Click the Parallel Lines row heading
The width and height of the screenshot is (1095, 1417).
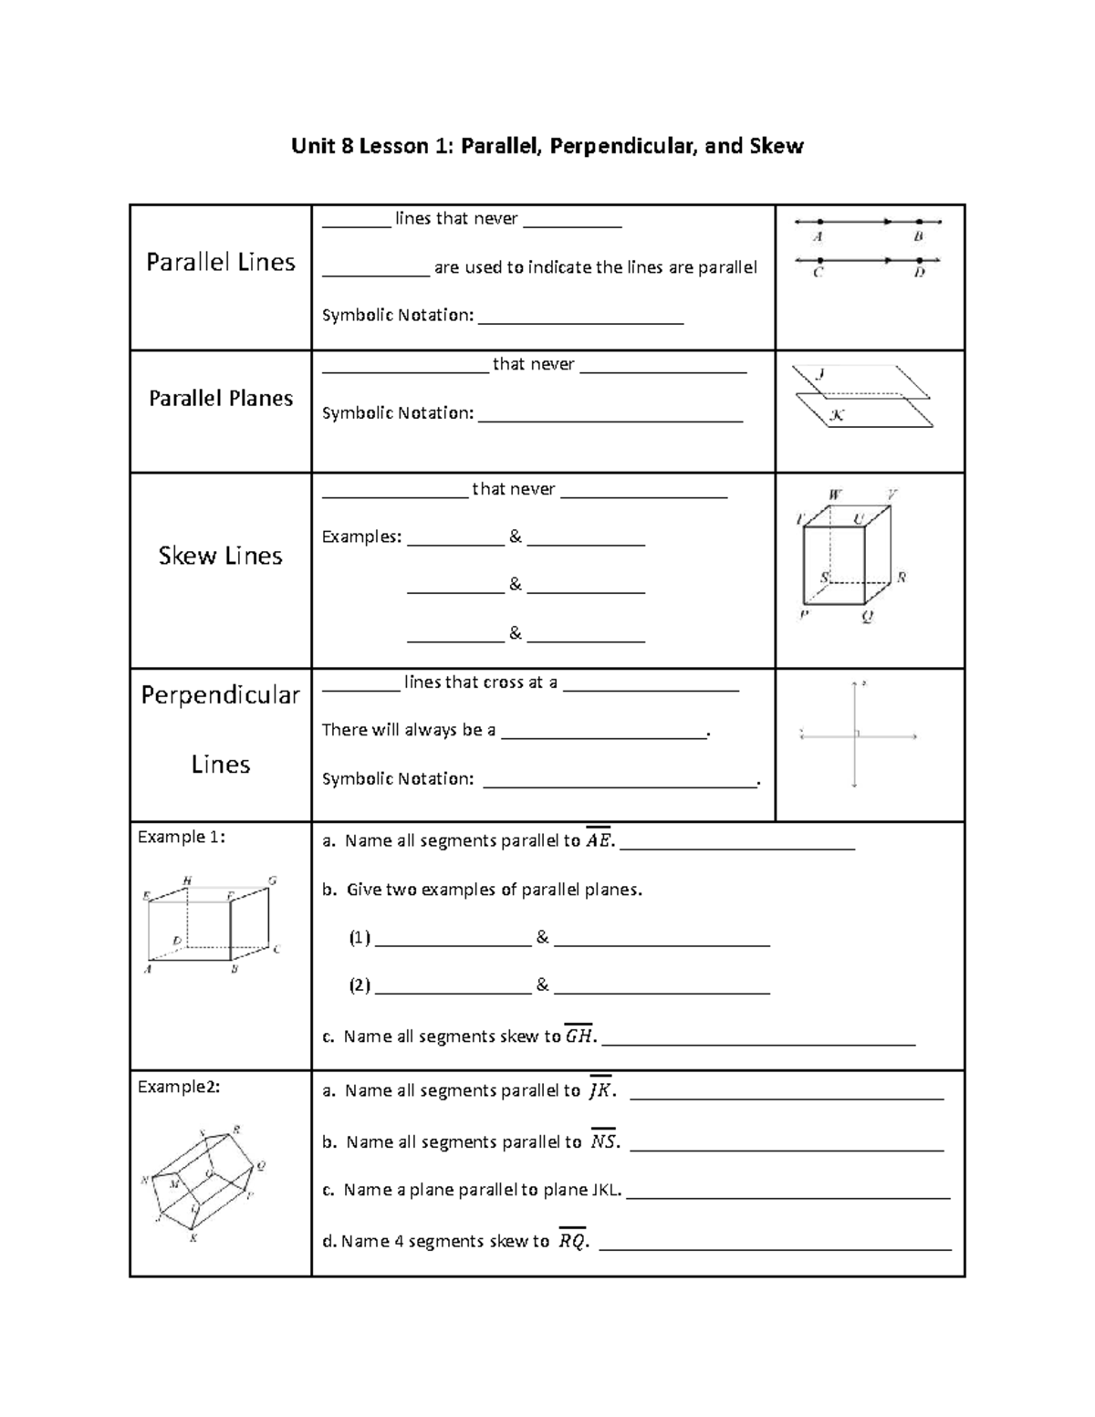221,263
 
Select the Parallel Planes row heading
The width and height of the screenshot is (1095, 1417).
221,399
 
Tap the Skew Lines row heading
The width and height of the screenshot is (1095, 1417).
221,556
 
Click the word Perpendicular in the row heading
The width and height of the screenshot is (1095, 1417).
221,695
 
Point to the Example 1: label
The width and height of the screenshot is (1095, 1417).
181,837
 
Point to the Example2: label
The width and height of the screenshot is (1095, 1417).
178,1087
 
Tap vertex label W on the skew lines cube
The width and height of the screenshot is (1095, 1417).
834,495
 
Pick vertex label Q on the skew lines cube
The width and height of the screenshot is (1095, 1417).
868,616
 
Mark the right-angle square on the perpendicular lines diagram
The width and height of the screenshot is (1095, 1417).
858,732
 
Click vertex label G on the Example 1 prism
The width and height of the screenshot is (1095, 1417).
272,880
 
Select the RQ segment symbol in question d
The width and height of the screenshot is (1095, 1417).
572,1240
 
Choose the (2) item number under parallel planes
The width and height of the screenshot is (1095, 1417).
360,985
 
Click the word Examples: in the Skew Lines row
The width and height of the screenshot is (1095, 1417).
361,537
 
